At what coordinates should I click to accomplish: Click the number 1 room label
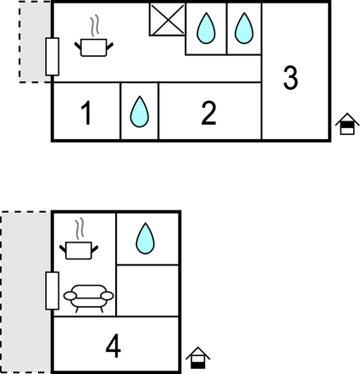click(x=86, y=113)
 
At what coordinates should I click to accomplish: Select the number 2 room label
click(x=208, y=113)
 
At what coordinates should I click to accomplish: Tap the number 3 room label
click(x=291, y=77)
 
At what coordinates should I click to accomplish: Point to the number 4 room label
click(x=114, y=346)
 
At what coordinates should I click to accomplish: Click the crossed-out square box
click(x=168, y=20)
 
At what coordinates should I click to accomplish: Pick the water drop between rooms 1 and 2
click(x=140, y=112)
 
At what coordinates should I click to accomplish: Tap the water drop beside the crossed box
click(x=206, y=28)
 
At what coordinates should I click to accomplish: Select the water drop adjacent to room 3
click(x=244, y=28)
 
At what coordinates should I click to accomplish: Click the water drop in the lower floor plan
click(x=145, y=238)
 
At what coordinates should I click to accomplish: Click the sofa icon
click(x=89, y=299)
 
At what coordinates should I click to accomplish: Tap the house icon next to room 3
click(x=347, y=124)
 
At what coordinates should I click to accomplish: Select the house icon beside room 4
click(x=198, y=358)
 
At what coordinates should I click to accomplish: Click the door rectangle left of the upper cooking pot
click(x=53, y=57)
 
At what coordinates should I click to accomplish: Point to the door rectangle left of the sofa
click(x=53, y=291)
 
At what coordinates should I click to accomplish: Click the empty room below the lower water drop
click(x=147, y=291)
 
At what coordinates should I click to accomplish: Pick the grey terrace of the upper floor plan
click(x=35, y=42)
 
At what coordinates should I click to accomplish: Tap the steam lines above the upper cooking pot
click(x=95, y=25)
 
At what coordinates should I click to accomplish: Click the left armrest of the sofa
click(x=70, y=296)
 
